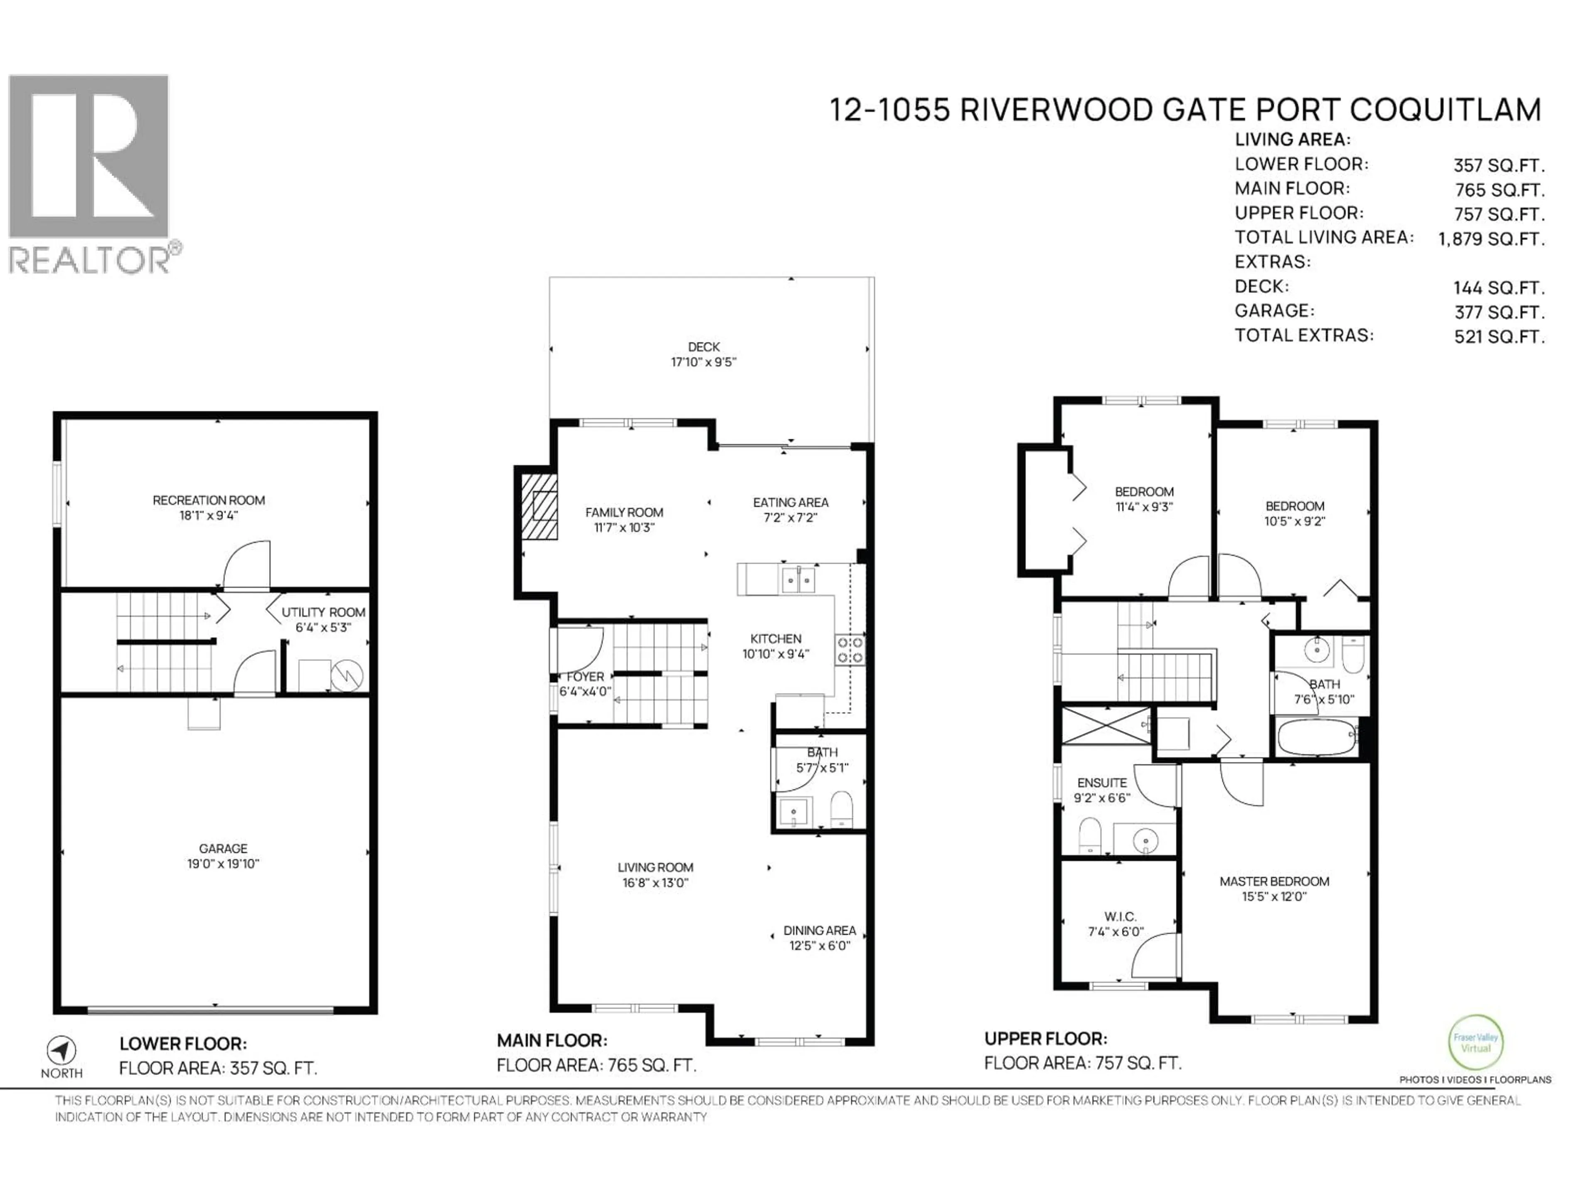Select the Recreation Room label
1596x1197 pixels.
point(209,500)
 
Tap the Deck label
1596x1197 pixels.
point(704,347)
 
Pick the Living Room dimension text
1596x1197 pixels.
point(655,882)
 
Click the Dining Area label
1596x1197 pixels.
point(820,931)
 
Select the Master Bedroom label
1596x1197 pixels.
point(1274,881)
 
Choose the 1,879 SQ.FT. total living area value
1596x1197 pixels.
point(1491,239)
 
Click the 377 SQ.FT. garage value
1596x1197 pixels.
point(1499,313)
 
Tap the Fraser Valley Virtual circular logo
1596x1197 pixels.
point(1475,1042)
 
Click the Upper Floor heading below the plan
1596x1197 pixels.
point(1045,1039)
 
